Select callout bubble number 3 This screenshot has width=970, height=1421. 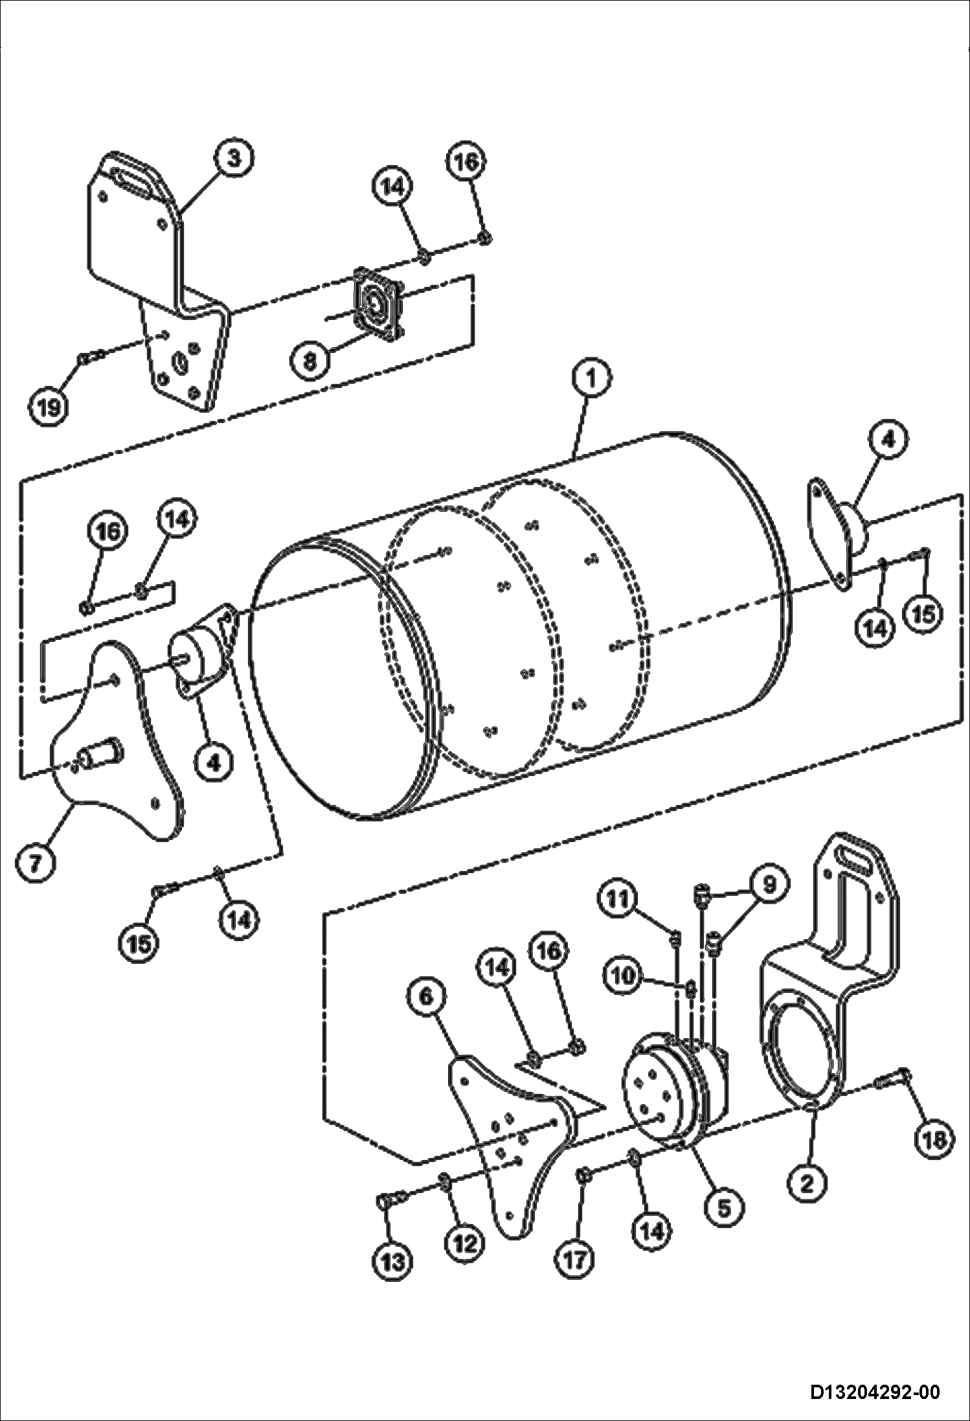point(234,159)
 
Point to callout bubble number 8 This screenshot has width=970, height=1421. point(310,361)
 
